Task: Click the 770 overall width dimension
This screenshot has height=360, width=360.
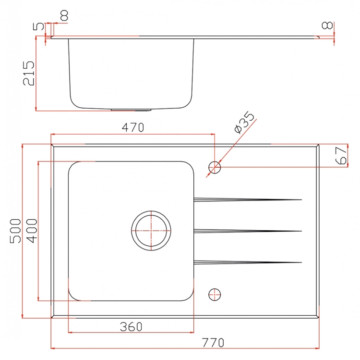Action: point(213,343)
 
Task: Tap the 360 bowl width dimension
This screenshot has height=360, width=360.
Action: point(131,327)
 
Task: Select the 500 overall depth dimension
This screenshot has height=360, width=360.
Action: point(15,231)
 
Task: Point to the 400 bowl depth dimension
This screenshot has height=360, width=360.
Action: point(32,231)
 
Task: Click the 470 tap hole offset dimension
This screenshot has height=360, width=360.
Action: point(132,127)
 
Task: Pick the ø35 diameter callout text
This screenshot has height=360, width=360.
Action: point(244,122)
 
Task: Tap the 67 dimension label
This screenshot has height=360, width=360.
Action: point(341,156)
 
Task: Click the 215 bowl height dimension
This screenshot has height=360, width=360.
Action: point(29,73)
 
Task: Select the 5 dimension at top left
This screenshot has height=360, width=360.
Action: point(38,26)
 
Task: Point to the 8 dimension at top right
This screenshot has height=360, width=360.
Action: point(327,25)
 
